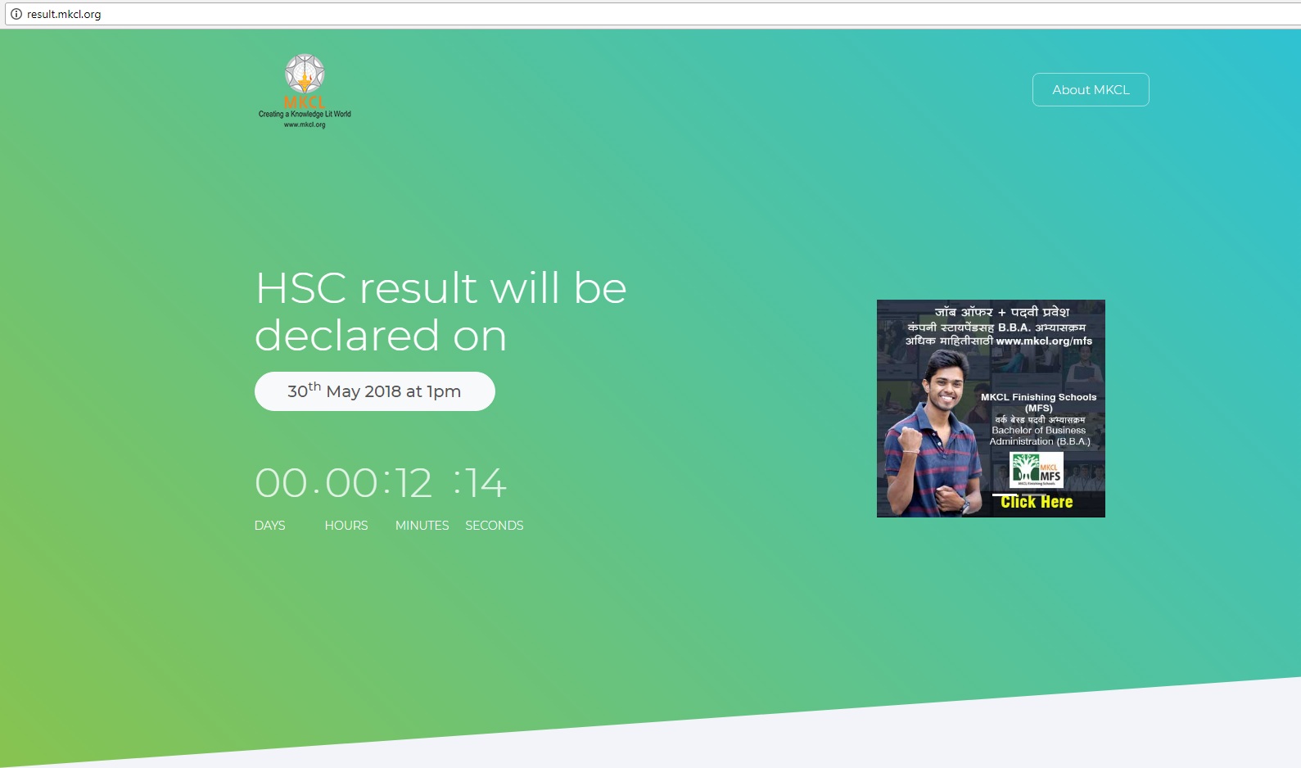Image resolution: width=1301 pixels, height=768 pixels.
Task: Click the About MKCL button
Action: click(x=1090, y=89)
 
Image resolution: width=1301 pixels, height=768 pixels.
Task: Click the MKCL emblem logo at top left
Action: click(x=305, y=91)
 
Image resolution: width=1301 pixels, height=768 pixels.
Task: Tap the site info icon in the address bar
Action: click(x=16, y=14)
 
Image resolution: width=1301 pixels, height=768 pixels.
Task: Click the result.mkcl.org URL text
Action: click(x=64, y=14)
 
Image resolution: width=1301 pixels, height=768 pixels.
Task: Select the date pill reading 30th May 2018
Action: click(x=375, y=391)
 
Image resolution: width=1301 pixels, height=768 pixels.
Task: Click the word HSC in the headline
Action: click(x=300, y=288)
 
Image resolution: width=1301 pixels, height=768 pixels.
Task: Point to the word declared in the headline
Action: click(x=346, y=336)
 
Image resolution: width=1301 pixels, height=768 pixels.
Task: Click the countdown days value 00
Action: click(x=281, y=483)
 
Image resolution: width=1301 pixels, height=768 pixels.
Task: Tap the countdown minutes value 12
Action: click(x=413, y=483)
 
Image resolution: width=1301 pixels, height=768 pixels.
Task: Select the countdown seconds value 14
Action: click(x=486, y=483)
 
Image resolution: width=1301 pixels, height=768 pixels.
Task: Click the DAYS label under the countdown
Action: click(x=269, y=525)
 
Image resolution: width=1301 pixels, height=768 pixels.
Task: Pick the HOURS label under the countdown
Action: click(x=346, y=525)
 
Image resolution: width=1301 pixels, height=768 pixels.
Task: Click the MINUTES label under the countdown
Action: click(x=422, y=525)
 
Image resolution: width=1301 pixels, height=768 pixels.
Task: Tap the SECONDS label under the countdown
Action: click(x=495, y=525)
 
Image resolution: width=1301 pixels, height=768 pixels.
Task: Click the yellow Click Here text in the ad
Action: click(x=1037, y=502)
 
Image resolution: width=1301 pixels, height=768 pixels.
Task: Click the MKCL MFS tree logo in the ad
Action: click(x=1037, y=470)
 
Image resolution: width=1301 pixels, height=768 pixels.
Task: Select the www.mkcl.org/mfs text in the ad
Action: click(x=1044, y=341)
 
